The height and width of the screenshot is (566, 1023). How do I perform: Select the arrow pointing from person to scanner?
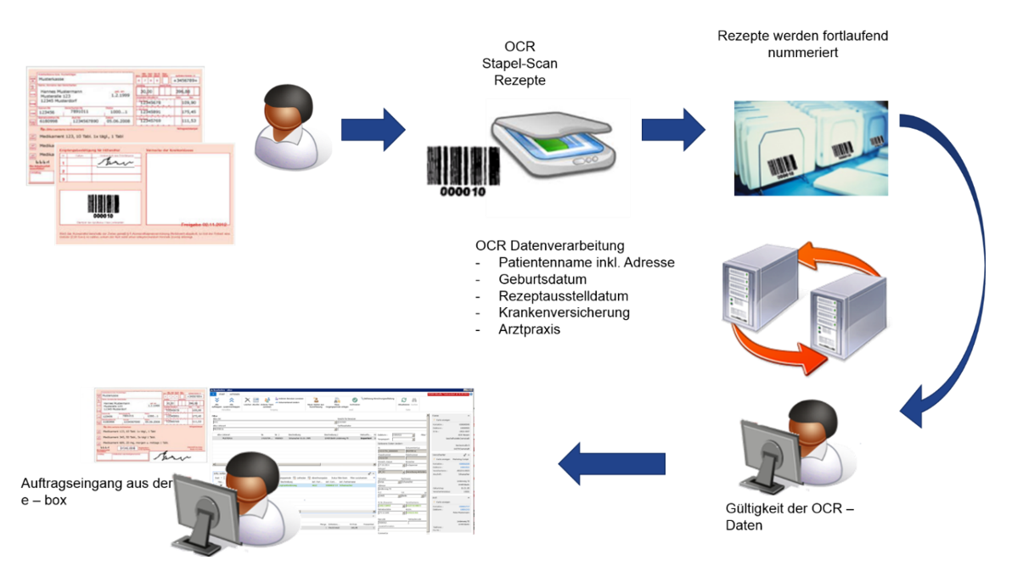(374, 130)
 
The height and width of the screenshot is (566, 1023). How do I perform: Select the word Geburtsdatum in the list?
(542, 279)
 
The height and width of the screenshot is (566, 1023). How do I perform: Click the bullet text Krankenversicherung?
(564, 312)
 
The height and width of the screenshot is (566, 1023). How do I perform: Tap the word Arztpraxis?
(529, 329)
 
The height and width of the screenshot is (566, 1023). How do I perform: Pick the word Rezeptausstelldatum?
(565, 296)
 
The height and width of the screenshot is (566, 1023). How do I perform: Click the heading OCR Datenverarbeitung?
(550, 246)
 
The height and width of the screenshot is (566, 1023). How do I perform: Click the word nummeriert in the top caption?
(802, 52)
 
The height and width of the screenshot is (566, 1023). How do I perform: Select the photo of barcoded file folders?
(811, 148)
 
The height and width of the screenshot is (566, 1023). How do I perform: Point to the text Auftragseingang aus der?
(96, 484)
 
